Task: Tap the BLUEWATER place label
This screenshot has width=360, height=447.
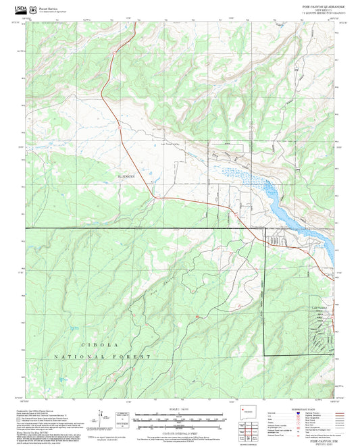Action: point(126,174)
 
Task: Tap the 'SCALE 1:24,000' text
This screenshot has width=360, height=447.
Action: point(179,409)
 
